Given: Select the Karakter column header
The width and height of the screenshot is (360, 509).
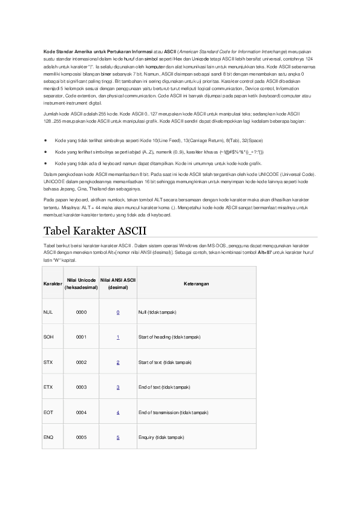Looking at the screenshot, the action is (x=52, y=283).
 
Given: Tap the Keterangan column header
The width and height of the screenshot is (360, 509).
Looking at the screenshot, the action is (x=197, y=283).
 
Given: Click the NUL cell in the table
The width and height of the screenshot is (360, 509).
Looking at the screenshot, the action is (x=48, y=312).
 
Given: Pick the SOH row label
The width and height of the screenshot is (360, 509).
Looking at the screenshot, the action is (x=48, y=337).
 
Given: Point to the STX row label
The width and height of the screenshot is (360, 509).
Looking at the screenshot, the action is (x=48, y=361).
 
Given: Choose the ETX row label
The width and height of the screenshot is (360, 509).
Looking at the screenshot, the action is (x=48, y=387).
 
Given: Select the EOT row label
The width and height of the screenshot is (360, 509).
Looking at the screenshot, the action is (x=48, y=412).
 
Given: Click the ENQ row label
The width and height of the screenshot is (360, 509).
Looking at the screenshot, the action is (x=48, y=436).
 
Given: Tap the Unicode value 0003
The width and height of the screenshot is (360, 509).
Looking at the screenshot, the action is (x=82, y=387).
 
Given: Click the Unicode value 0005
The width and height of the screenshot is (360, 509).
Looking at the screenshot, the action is (x=82, y=436).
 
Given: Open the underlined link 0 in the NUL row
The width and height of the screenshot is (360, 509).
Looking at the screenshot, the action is (x=118, y=312).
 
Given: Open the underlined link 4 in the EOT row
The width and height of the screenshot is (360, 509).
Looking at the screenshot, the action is (x=118, y=412).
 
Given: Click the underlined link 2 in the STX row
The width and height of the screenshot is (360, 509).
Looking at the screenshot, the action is (x=118, y=361).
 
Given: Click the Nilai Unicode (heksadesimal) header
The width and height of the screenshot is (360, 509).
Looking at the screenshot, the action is (x=82, y=283).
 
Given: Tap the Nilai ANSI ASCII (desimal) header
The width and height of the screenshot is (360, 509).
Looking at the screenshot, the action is (x=118, y=283).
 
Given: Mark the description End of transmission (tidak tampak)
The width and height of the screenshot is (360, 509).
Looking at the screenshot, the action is (x=174, y=412).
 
